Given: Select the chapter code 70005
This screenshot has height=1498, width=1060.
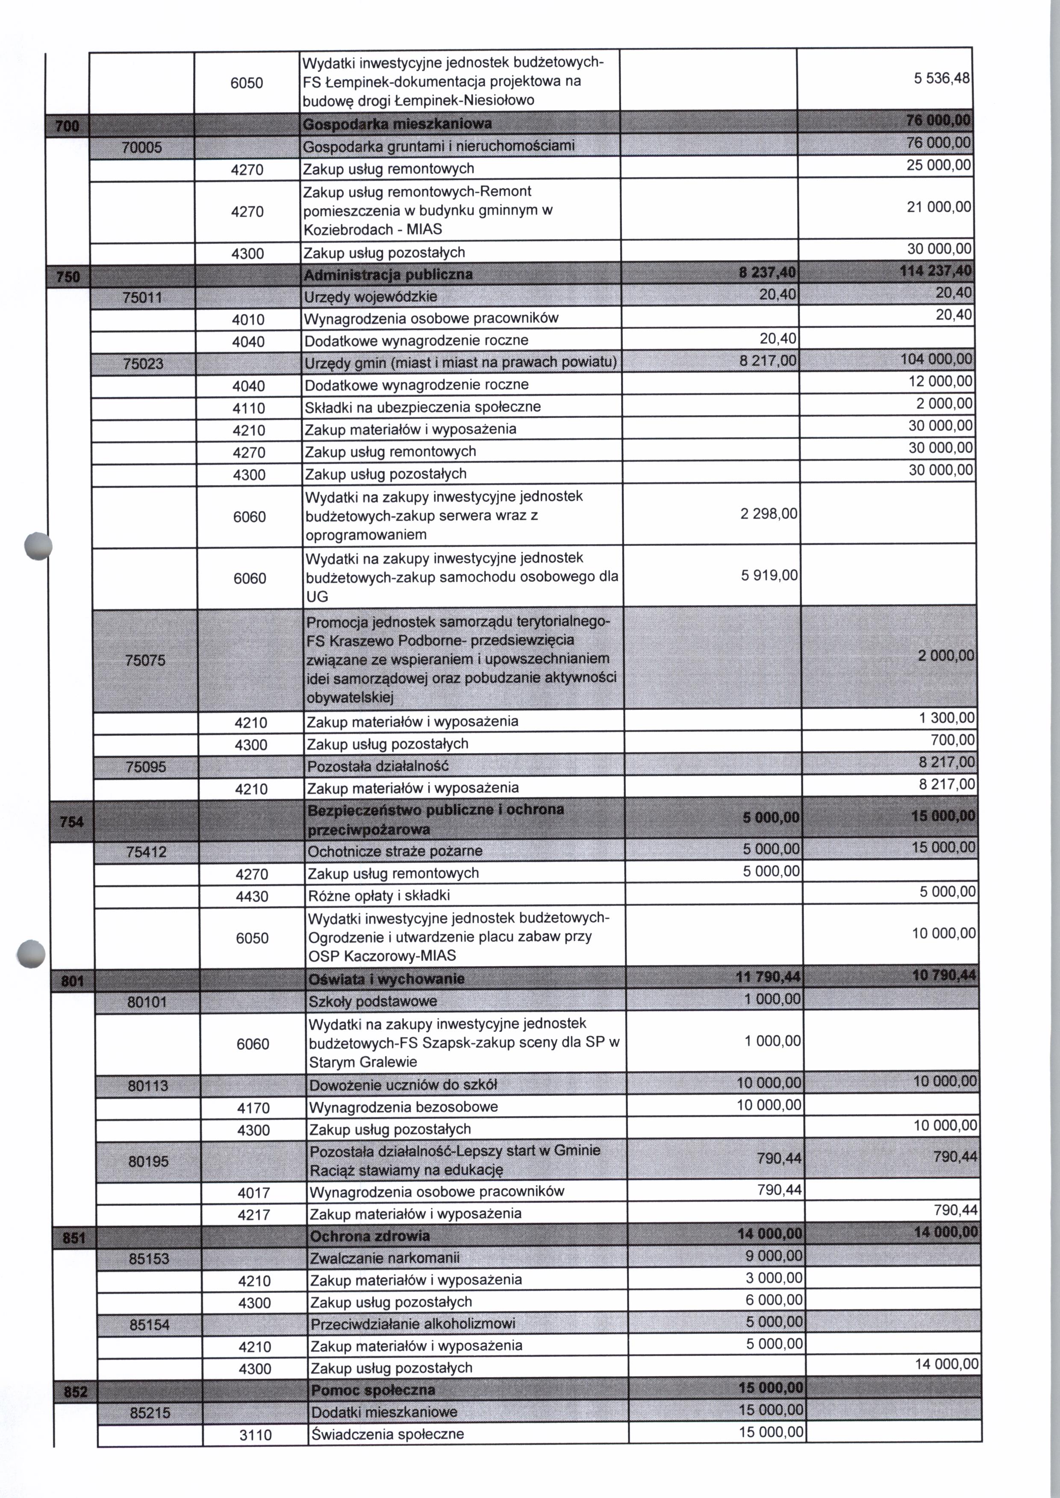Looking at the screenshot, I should (x=141, y=147).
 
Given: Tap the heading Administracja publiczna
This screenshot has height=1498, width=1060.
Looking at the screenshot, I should (x=389, y=275).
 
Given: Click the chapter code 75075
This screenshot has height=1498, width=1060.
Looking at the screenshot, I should (x=145, y=660).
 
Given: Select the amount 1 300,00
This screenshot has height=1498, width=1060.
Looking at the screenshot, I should (x=946, y=718).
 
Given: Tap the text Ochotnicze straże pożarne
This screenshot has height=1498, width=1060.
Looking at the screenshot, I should (x=394, y=851).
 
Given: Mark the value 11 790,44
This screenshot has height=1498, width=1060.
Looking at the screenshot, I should (x=768, y=977).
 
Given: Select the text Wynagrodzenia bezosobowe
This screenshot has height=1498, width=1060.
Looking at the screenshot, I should (x=403, y=1107).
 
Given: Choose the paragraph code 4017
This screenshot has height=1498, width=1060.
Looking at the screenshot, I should (x=253, y=1193).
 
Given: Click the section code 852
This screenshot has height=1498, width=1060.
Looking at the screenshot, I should (x=76, y=1392).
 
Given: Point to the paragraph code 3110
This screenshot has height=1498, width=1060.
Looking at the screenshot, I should (x=255, y=1435).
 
